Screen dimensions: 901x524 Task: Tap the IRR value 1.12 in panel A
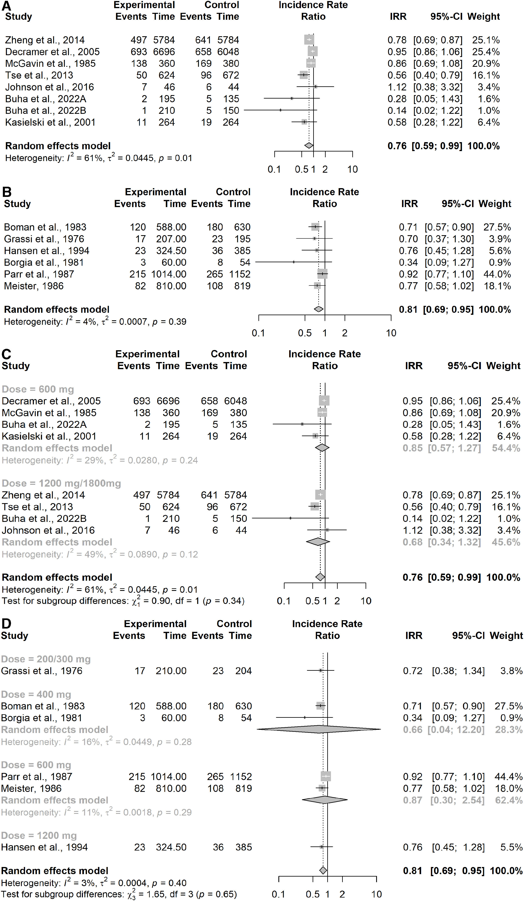(x=397, y=87)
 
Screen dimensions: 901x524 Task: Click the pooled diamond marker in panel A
(x=309, y=146)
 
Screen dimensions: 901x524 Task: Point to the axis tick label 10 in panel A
(x=352, y=169)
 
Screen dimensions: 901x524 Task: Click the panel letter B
(x=7, y=192)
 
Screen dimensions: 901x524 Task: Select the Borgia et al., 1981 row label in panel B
(x=44, y=262)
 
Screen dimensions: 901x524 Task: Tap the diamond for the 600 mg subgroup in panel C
(x=322, y=448)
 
